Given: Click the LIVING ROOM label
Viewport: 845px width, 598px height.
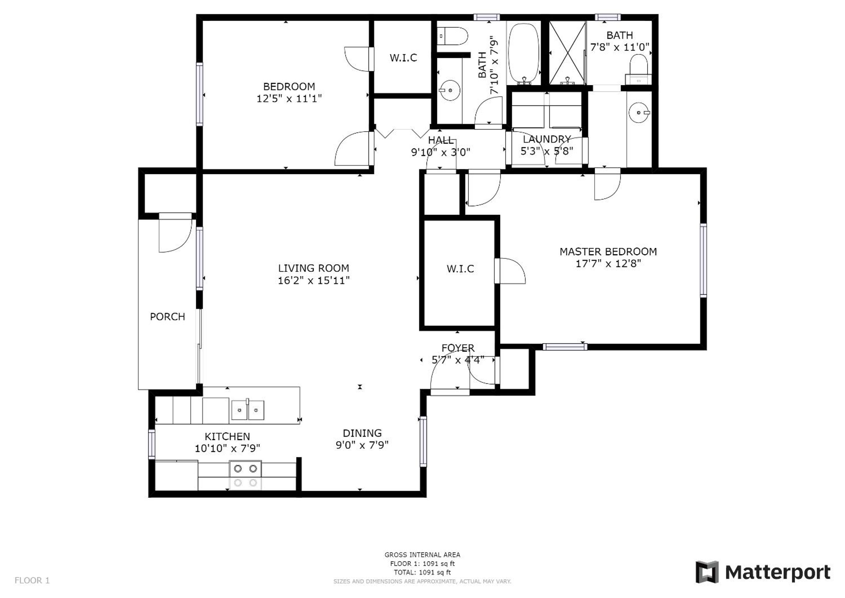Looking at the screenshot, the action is [x=313, y=268].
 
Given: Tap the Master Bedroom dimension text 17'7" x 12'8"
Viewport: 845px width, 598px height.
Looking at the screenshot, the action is [x=608, y=264].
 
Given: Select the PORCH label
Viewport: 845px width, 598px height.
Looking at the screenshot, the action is [x=168, y=317].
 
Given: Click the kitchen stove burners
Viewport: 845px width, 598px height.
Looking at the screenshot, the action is [x=245, y=475].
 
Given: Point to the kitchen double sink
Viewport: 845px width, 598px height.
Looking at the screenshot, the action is [x=248, y=410].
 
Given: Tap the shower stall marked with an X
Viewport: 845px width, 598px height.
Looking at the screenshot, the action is [x=567, y=53].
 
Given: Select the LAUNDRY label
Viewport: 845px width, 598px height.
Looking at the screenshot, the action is [x=547, y=139].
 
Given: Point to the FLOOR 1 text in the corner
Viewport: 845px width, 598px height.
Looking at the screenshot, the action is [x=32, y=581].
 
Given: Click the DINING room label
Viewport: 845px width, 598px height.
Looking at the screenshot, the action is [x=362, y=433].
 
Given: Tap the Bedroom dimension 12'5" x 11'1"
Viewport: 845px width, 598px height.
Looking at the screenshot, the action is [x=289, y=99].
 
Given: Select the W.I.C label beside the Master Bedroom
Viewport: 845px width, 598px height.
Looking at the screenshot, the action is [x=460, y=269].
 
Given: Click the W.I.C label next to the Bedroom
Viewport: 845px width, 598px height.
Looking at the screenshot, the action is [x=403, y=58].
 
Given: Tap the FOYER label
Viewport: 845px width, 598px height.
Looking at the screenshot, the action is [x=458, y=348].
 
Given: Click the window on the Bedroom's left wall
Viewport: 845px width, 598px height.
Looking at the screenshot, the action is [x=199, y=94].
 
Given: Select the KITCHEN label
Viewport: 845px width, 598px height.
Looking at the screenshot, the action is [x=227, y=437].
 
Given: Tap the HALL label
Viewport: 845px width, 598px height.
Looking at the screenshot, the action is [x=441, y=140].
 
